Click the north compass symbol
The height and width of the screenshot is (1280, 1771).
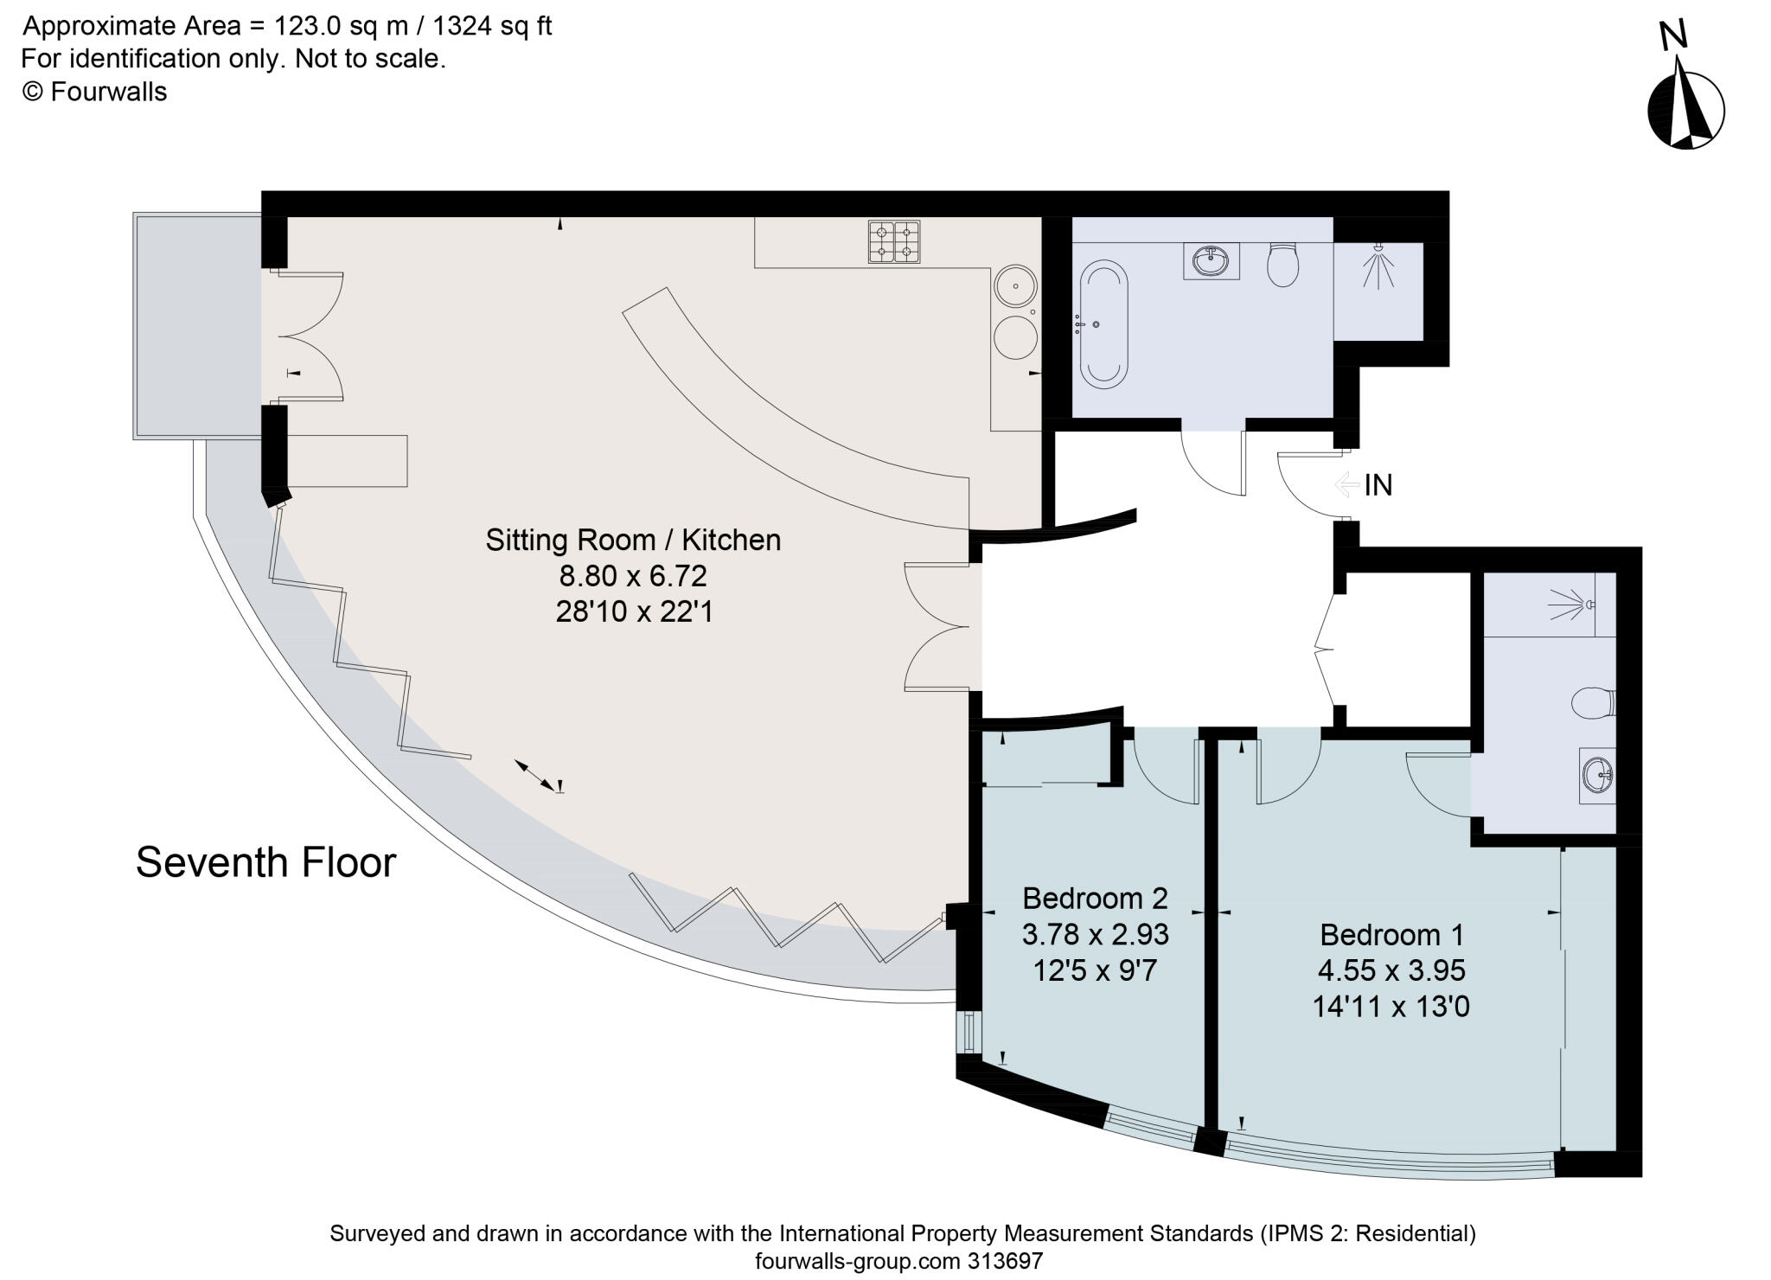click(1685, 112)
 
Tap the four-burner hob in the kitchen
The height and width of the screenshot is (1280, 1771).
click(894, 242)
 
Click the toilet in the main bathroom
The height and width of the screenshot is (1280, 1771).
click(1282, 264)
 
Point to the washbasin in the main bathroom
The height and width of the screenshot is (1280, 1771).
click(1212, 261)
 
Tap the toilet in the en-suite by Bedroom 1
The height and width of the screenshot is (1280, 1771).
click(1593, 701)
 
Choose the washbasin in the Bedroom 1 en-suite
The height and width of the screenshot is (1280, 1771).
click(1597, 775)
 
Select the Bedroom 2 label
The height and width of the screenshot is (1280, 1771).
click(1095, 898)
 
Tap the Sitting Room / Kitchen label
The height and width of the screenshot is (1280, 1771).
click(633, 540)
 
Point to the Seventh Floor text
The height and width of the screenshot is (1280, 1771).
click(265, 862)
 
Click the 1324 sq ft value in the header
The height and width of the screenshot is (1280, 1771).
click(492, 27)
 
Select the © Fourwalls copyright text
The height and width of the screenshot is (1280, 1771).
click(94, 92)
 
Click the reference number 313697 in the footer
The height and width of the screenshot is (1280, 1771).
click(1004, 1261)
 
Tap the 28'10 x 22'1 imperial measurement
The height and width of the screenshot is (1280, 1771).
click(634, 612)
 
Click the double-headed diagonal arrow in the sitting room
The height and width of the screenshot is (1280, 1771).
click(535, 774)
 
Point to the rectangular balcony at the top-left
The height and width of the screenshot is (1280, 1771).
click(197, 326)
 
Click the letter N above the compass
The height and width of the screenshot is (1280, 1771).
click(1673, 35)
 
